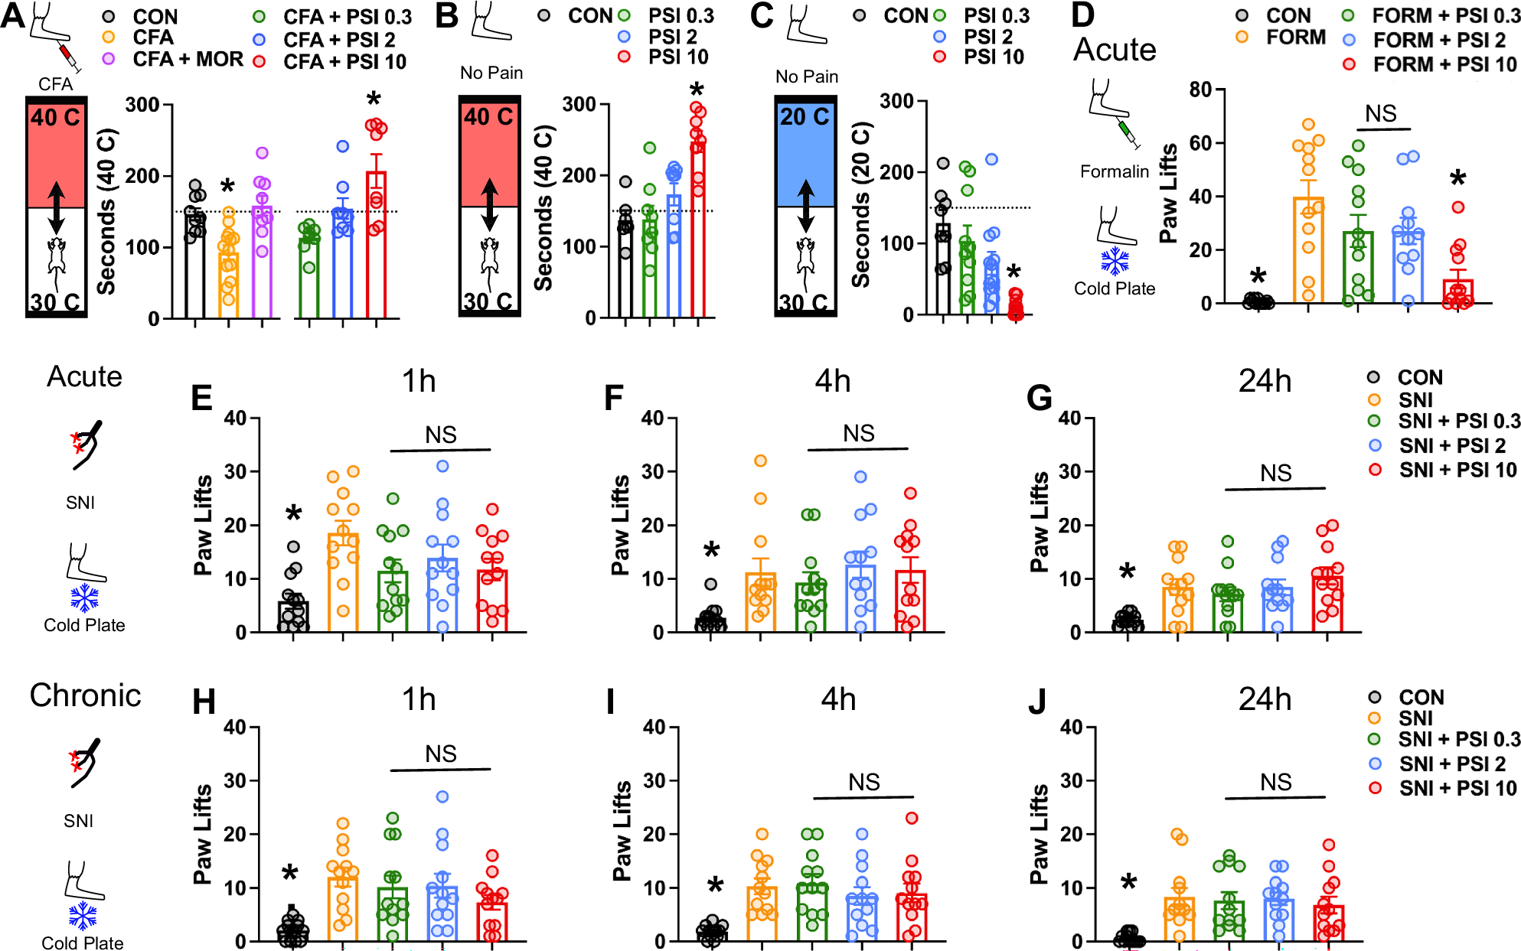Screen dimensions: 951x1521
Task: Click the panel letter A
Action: [x=13, y=16]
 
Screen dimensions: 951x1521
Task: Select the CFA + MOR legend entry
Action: [x=188, y=59]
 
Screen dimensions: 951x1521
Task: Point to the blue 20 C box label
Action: [x=805, y=117]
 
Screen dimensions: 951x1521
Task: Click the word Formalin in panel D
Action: [x=1114, y=171]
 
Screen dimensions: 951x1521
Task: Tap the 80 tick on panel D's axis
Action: [x=1200, y=90]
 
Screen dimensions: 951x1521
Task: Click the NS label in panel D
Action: [x=1381, y=114]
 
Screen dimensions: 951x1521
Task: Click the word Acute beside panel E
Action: [x=84, y=376]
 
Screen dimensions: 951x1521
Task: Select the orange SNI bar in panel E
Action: [x=343, y=582]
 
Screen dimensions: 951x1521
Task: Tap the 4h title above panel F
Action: [x=832, y=381]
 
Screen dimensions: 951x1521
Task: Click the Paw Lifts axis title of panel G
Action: [x=1039, y=522]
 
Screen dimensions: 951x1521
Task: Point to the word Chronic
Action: [x=85, y=695]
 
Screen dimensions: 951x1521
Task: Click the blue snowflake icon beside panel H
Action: [x=83, y=916]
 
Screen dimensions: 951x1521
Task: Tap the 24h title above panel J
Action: [x=1265, y=699]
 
